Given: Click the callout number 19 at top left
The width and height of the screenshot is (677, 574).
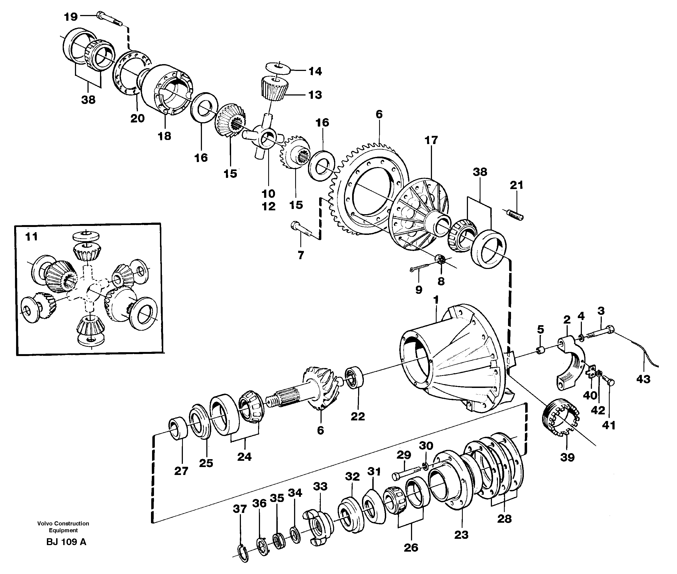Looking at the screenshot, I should [x=71, y=16].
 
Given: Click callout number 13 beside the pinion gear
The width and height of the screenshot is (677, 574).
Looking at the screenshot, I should [x=315, y=95].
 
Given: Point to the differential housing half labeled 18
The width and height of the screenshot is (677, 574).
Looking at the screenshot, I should [x=167, y=94].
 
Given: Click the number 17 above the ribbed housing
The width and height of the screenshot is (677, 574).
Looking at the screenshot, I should [x=431, y=140].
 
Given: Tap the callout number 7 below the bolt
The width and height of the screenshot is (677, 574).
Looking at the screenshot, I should [x=301, y=255].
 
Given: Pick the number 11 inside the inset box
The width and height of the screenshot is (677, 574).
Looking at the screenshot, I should [x=32, y=237].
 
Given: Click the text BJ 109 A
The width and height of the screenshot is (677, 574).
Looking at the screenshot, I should [x=66, y=542].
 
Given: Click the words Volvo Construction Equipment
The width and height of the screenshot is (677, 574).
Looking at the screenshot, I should [x=63, y=527].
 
